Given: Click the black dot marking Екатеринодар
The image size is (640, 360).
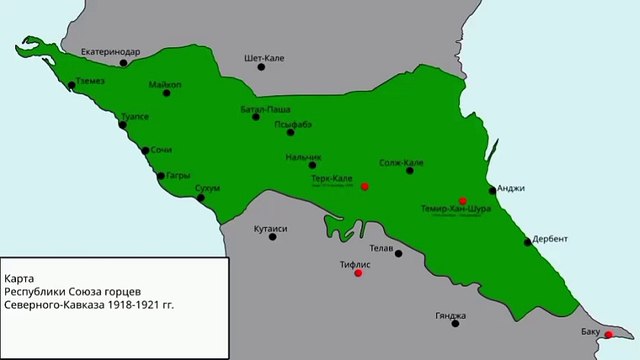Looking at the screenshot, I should [x=123, y=63].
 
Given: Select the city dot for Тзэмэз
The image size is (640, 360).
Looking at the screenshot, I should [x=72, y=86].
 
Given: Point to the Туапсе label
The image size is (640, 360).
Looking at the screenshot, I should [x=134, y=116].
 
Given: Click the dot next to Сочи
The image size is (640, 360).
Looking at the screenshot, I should [x=145, y=151].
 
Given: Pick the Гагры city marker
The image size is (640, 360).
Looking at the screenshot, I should [x=161, y=176].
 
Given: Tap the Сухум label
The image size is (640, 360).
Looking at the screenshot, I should [x=207, y=187].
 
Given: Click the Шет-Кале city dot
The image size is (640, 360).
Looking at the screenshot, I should [x=261, y=67].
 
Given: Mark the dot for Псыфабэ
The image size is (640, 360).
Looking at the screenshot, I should [x=290, y=132].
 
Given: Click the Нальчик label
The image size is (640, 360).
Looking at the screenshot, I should [x=303, y=157].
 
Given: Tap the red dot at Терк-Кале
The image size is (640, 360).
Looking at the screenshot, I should [x=365, y=186].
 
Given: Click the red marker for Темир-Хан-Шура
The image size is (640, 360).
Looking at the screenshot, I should [x=462, y=200].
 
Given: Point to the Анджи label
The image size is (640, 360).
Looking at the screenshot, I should [x=510, y=188].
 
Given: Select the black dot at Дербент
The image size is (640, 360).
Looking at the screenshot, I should [x=527, y=241].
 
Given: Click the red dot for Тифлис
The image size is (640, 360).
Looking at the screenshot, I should [x=358, y=272].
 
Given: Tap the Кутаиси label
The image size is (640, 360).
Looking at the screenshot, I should [x=271, y=228].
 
